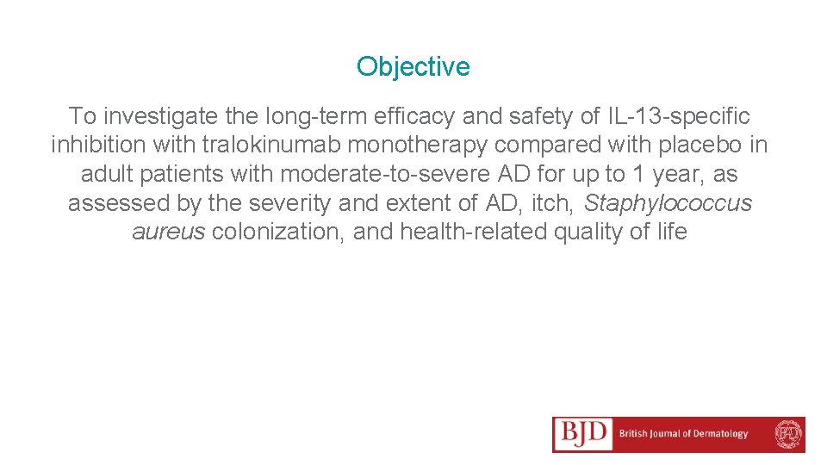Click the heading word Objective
[x=413, y=66]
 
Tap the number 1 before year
[x=638, y=174]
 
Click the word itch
[x=555, y=203]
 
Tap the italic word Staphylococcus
[x=668, y=203]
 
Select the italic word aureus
[x=168, y=232]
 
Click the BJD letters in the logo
[x=583, y=434]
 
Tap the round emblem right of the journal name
[x=787, y=434]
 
